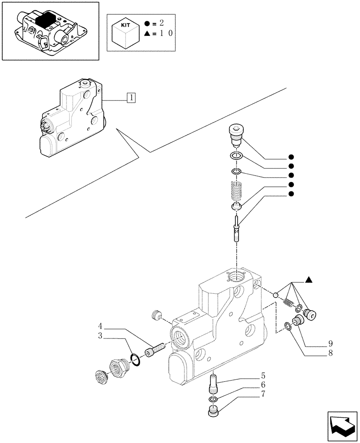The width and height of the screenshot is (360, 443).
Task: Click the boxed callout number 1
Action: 131,97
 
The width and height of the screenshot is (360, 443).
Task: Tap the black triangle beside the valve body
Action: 309,280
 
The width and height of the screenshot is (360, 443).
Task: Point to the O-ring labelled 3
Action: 137,360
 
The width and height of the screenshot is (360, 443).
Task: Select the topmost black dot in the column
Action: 291,157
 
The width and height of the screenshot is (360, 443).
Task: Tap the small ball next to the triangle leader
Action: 276,295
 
